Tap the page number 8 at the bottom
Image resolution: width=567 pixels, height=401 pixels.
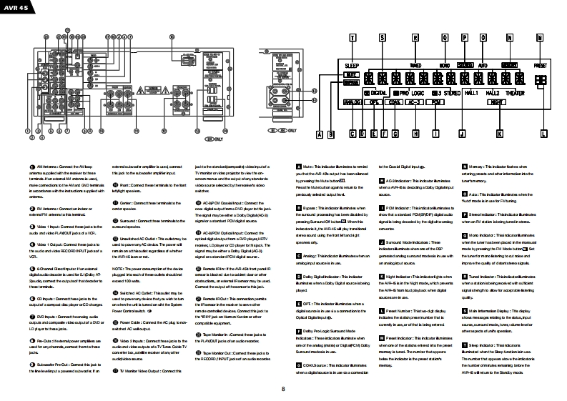coord(283,389)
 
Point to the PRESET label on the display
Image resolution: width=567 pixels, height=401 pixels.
coord(540,64)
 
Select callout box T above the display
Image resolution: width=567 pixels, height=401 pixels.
coord(353,36)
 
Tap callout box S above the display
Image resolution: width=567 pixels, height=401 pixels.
coord(383,36)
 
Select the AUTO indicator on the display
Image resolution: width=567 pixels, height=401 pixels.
coord(483,64)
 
